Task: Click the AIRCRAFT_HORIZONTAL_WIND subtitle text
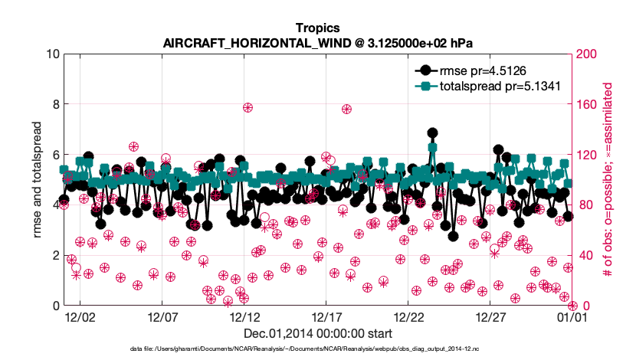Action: pos(317,44)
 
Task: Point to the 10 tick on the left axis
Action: pos(53,54)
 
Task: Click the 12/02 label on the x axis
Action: pos(80,316)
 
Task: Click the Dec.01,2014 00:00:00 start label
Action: pos(318,333)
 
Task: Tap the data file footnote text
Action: pos(317,349)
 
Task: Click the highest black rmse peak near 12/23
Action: pos(432,133)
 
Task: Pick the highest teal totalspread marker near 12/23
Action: pos(433,148)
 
